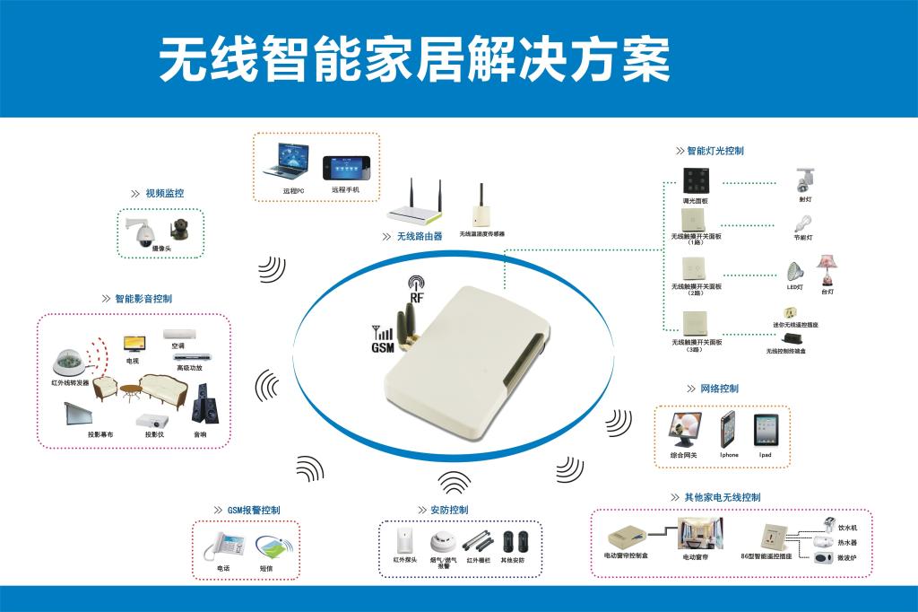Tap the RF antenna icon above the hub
pos(415,285)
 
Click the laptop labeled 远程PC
pos(285,162)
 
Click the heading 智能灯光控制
pos(714,151)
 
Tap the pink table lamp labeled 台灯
pos(825,269)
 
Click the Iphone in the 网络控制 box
pos(729,431)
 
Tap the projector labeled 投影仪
pos(149,420)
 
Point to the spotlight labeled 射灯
pos(803,182)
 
